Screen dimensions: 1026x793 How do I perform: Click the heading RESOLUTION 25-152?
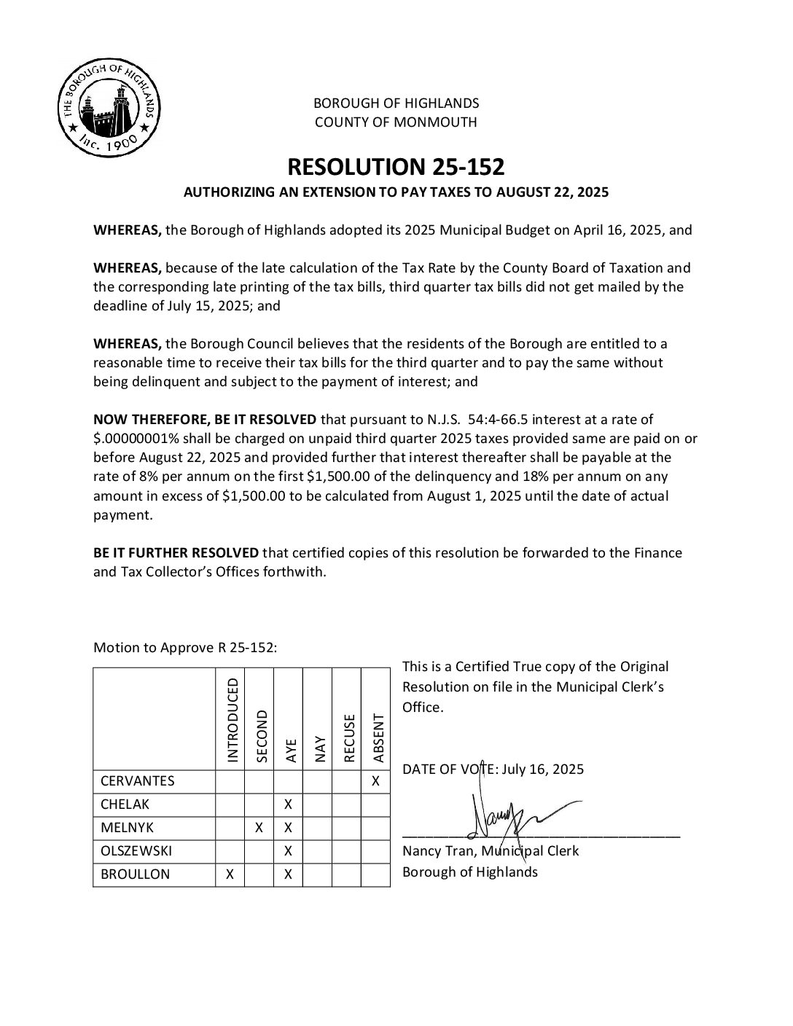[396, 167]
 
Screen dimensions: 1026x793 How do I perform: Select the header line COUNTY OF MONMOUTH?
[396, 122]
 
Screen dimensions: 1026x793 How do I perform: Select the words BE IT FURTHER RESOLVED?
[176, 552]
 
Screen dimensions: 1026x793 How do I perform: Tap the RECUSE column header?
[349, 737]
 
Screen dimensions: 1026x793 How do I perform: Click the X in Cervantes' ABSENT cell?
[375, 781]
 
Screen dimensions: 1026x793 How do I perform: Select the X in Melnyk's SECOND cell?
[259, 828]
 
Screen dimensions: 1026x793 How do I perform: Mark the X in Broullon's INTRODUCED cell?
[230, 874]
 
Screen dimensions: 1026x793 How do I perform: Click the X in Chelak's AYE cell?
[288, 804]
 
